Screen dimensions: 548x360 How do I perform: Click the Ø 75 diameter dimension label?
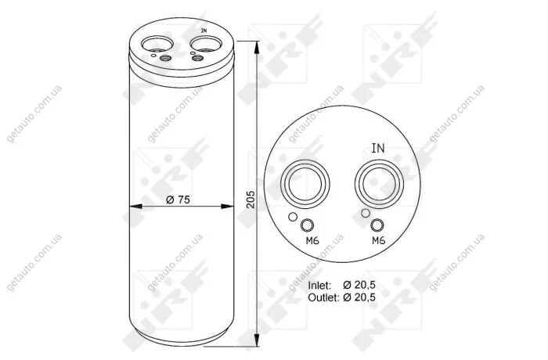coord(178,200)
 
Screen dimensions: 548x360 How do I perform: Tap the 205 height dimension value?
coord(251,200)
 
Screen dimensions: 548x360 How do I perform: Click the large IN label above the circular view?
coord(378,148)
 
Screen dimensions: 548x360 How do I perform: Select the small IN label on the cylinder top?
coord(204,31)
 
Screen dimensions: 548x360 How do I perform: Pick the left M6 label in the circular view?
coord(312,240)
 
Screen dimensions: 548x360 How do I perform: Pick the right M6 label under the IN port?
coord(378,240)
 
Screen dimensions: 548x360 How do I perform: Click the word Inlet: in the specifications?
coord(319,286)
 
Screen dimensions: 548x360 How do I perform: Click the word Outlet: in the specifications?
coord(323,297)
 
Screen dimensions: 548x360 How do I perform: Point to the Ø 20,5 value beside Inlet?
coord(359,285)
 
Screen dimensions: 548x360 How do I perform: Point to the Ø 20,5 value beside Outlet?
coord(359,297)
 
